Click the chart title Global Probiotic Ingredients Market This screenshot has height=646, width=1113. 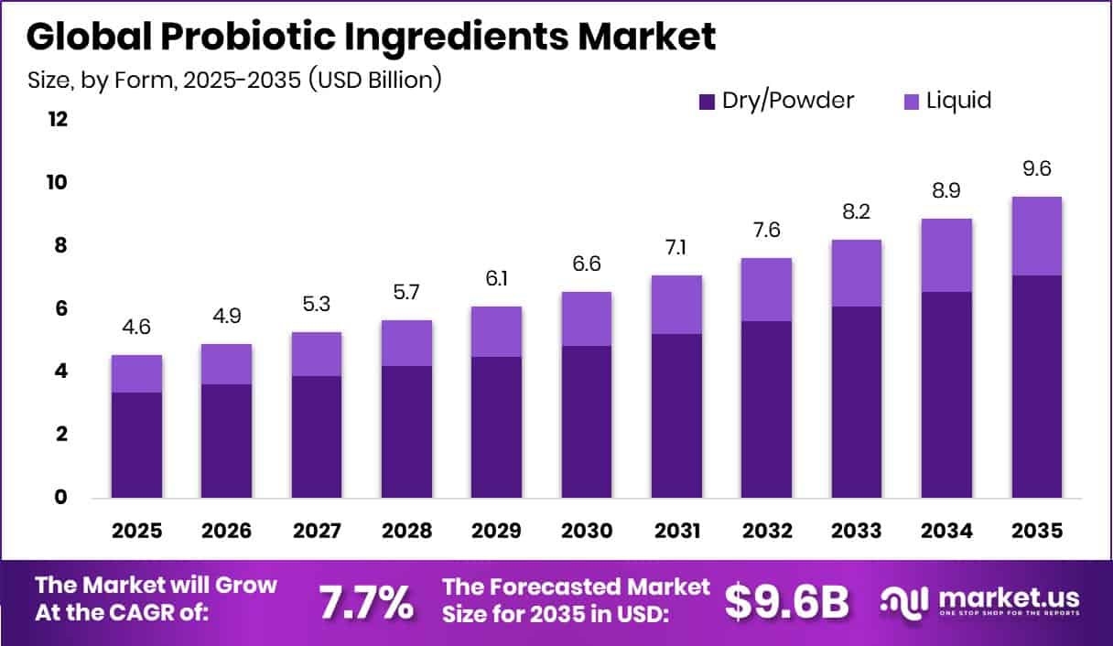(371, 37)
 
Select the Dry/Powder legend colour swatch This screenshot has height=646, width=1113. (707, 101)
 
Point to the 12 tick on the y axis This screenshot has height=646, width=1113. (58, 120)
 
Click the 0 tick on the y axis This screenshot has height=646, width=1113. (61, 498)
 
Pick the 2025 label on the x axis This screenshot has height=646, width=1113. (136, 532)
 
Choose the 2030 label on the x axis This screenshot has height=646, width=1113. (586, 532)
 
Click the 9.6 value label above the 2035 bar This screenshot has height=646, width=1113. (1036, 169)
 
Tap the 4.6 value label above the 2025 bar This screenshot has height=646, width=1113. (136, 328)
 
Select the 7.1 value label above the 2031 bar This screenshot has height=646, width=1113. (675, 248)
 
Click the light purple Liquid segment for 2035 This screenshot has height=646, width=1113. (1036, 236)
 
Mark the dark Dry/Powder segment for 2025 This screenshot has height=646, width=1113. (136, 445)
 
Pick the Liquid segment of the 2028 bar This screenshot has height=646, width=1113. (406, 343)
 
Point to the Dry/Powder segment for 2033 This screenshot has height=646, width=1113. (856, 402)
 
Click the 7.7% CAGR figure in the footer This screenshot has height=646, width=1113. (365, 602)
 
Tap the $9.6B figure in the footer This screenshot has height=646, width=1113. (786, 602)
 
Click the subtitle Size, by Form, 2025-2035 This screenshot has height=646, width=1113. (235, 81)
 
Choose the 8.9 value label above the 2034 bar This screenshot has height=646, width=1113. (946, 191)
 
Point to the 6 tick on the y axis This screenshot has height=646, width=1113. (61, 309)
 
